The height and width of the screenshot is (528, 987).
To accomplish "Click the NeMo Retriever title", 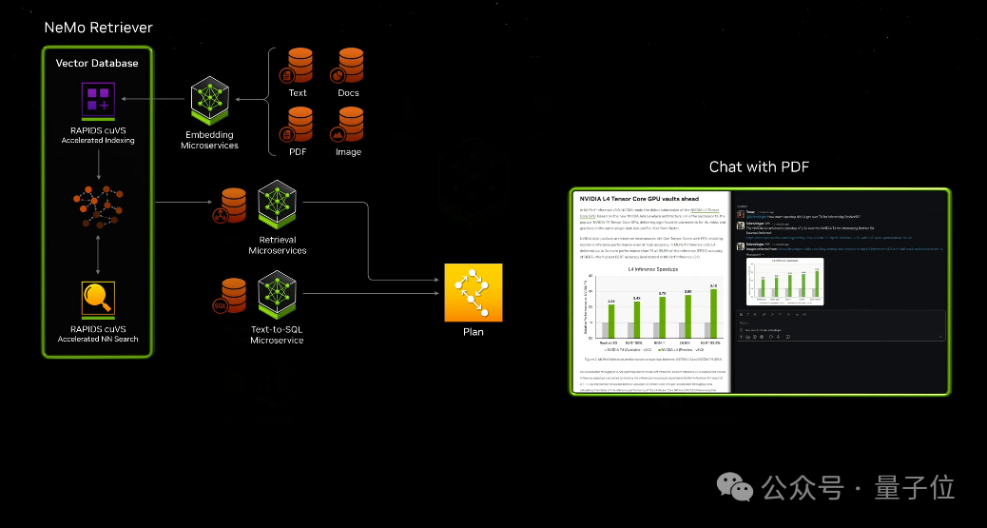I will [x=98, y=28].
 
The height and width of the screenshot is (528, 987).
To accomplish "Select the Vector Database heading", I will [x=97, y=63].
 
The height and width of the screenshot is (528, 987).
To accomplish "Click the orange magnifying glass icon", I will [x=97, y=298].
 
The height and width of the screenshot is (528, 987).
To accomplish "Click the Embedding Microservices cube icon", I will [x=210, y=97].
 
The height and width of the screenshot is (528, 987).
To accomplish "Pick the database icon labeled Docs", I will [x=348, y=65].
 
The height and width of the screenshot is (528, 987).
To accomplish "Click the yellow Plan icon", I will [x=473, y=293].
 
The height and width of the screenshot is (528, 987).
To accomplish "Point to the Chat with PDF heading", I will [x=759, y=167].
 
